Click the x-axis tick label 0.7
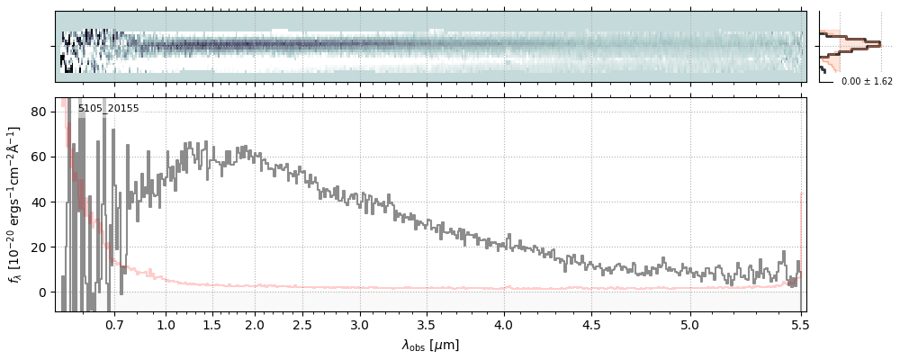coord(114,324)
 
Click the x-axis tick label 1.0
coord(166,324)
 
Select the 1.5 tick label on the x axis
coord(211,324)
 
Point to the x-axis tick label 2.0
coord(255,324)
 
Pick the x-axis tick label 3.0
coord(360,324)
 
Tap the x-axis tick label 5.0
coord(690,324)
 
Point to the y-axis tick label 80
coord(39,112)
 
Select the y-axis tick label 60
coord(39,157)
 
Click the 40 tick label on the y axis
coord(39,202)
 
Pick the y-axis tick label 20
coord(39,247)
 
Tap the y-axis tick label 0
coord(42,292)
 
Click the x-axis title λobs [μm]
coord(430,345)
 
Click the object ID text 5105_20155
coord(108,109)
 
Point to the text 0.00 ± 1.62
coord(867,81)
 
